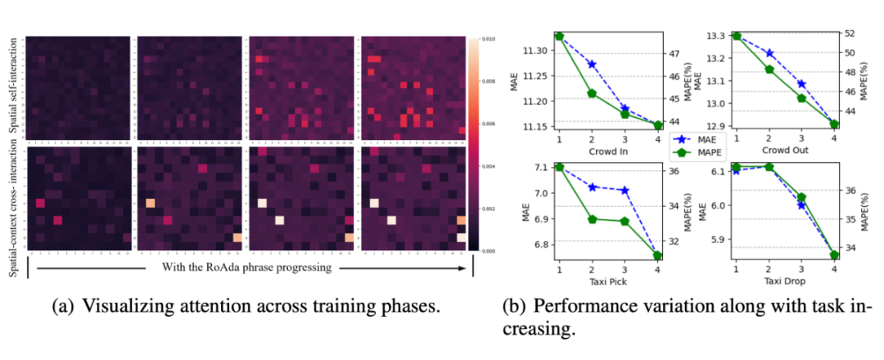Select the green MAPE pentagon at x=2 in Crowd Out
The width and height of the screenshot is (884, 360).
[769, 70]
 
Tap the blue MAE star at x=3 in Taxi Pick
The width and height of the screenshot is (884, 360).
[625, 190]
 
